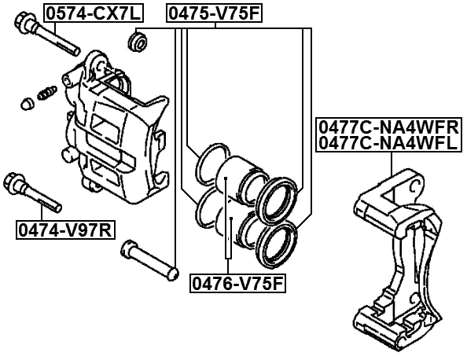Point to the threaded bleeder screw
point(46,91)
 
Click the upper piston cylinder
point(237,178)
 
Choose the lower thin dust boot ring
point(208,208)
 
